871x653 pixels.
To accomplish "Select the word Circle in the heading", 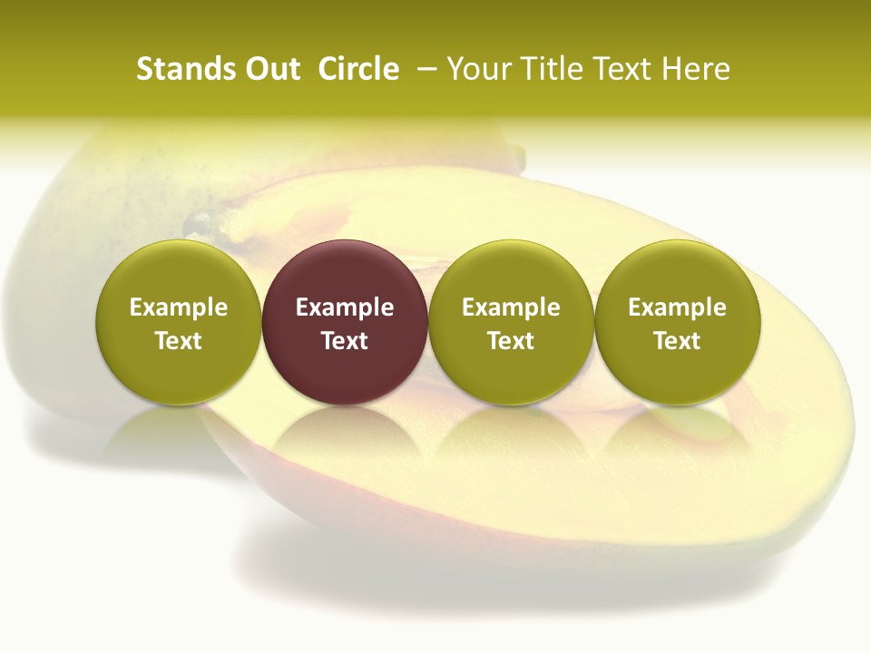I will tap(358, 69).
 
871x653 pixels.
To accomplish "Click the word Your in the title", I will tap(479, 69).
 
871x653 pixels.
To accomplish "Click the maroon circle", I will tap(345, 322).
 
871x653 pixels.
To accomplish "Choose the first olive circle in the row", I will tap(179, 322).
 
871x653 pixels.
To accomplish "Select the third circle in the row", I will tap(511, 322).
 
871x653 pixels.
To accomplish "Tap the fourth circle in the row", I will tap(677, 322).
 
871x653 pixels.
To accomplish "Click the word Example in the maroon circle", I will tap(345, 307).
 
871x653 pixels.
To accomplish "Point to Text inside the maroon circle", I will tap(345, 341).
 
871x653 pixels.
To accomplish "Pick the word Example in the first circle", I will tap(179, 307).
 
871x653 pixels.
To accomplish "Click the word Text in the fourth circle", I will tap(677, 341).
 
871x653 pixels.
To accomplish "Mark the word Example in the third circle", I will tap(511, 307).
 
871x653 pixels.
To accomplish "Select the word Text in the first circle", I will tap(179, 341).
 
